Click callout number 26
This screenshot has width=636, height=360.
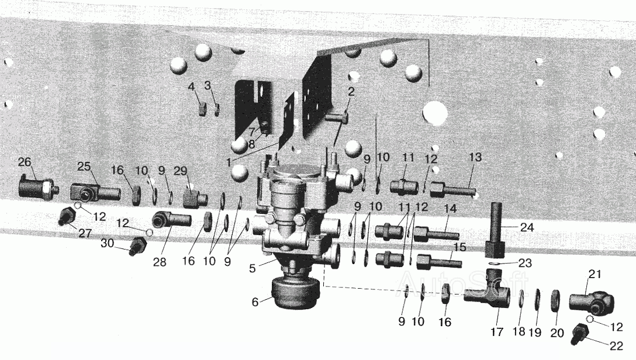pos(25,162)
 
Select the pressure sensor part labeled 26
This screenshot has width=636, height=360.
pos(39,188)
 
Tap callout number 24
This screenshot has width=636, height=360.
pos(527,227)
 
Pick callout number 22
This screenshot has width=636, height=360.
pos(616,346)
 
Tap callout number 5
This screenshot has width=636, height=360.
pos(253,268)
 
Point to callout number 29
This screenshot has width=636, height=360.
pos(181,171)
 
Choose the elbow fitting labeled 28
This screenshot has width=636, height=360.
pos(172,220)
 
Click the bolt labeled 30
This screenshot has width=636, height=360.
pos(138,246)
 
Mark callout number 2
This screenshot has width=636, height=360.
pos(351,92)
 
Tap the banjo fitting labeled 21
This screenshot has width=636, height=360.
pos(592,304)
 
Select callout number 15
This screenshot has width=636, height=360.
pos(460,247)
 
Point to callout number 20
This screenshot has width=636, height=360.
pos(557,333)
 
